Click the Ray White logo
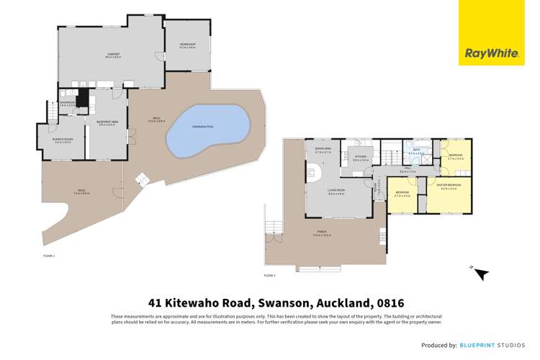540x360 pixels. tap(484, 53)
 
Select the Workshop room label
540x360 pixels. tap(187, 46)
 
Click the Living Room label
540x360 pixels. tap(336, 192)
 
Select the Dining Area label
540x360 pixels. tap(323, 151)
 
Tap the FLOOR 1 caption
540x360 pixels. tap(49, 256)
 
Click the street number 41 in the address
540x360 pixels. tap(154, 303)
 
